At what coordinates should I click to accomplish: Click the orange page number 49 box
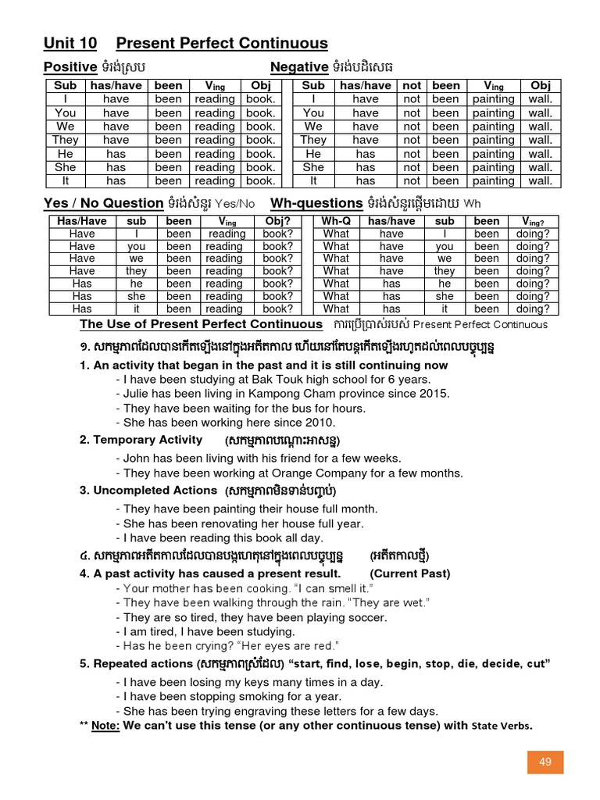pyautogui.click(x=545, y=762)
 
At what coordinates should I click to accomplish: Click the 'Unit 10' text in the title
pyautogui.click(x=70, y=43)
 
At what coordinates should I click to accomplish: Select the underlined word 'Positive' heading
pyautogui.click(x=70, y=67)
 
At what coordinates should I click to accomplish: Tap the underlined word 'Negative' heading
pyautogui.click(x=299, y=67)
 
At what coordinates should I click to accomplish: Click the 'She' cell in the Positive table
pyautogui.click(x=66, y=167)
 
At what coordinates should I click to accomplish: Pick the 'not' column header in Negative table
pyautogui.click(x=412, y=85)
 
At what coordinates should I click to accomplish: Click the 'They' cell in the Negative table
pyautogui.click(x=313, y=140)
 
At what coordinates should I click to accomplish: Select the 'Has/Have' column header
pyautogui.click(x=82, y=221)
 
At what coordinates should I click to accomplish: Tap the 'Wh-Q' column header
pyautogui.click(x=336, y=221)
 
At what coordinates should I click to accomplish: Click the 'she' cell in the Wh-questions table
pyautogui.click(x=445, y=296)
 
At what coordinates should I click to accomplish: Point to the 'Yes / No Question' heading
pyautogui.click(x=103, y=203)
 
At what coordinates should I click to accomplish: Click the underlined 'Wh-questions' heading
pyautogui.click(x=316, y=203)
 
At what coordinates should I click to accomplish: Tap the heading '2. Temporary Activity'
pyautogui.click(x=141, y=440)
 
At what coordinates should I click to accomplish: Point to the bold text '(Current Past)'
pyautogui.click(x=410, y=573)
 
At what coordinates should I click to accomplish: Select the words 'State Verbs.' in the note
pyautogui.click(x=501, y=726)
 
